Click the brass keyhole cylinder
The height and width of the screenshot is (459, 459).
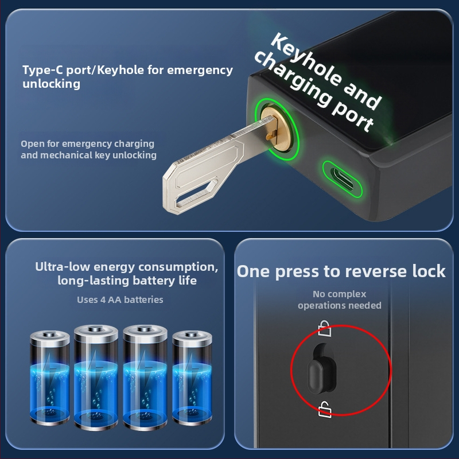pos(277,129)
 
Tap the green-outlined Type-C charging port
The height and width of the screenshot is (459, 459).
pos(342,178)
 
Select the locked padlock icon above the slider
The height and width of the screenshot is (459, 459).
pos(325,328)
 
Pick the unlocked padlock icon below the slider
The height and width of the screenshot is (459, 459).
pos(325,409)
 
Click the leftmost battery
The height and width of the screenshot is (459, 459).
pos(50,378)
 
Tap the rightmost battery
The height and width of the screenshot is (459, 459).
pos(192,378)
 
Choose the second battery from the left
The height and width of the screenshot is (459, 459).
pos(96,378)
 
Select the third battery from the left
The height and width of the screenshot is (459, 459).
pos(145,378)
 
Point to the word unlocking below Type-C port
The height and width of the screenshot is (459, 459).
pos(51,84)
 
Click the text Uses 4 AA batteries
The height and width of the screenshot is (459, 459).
pos(120,299)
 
